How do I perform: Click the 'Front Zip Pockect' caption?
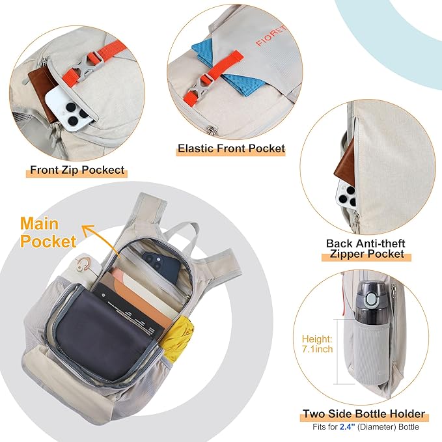pyautogui.click(x=77, y=170)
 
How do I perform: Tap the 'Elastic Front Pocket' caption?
pyautogui.click(x=231, y=148)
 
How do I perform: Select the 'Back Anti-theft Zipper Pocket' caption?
pyautogui.click(x=366, y=249)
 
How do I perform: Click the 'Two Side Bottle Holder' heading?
pyautogui.click(x=364, y=413)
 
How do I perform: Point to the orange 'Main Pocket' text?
pyautogui.click(x=48, y=232)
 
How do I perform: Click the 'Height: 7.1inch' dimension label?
pyautogui.click(x=317, y=344)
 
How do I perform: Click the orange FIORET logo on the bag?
pyautogui.click(x=271, y=36)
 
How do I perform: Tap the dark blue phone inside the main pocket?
pyautogui.click(x=161, y=266)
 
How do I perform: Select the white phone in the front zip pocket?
pyautogui.click(x=68, y=109)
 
